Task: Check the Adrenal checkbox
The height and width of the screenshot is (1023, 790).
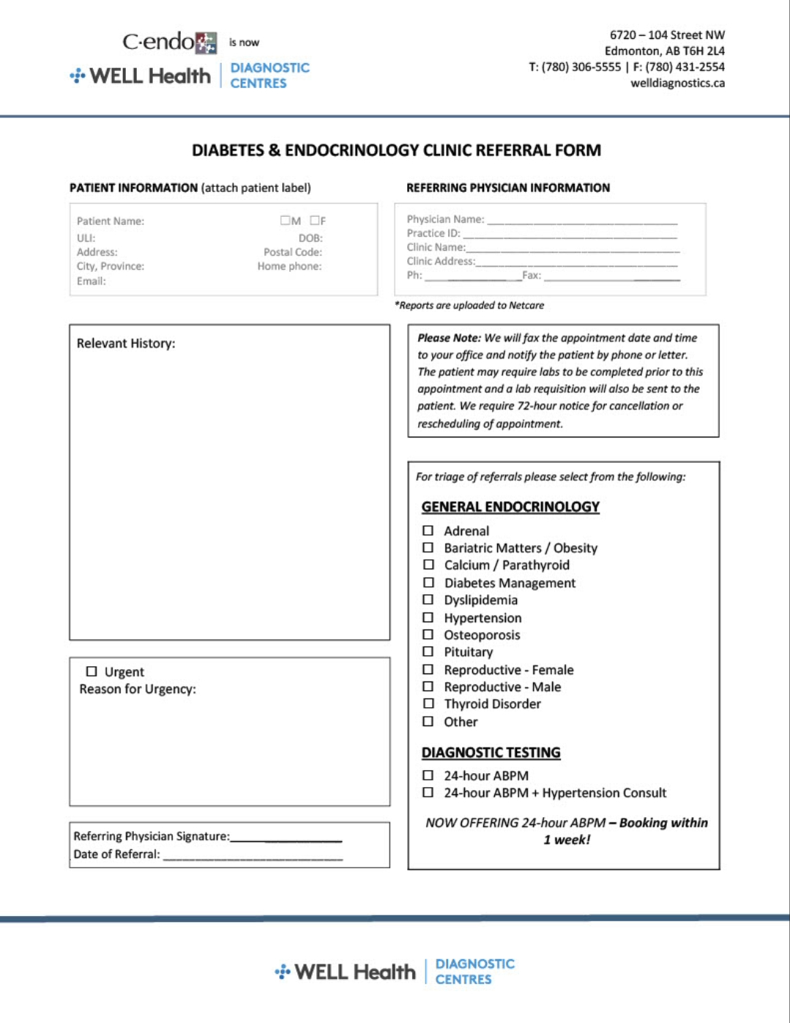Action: coord(428,531)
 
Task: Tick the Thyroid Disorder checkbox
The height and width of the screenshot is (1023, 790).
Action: coord(428,703)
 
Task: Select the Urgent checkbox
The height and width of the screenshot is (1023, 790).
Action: coord(92,671)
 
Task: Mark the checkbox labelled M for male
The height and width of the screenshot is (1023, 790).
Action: coord(285,221)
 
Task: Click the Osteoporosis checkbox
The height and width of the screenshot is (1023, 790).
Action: coord(428,635)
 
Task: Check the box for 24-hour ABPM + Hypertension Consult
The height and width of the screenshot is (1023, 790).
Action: coord(428,792)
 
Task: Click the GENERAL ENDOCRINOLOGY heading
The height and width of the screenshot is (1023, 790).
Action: coord(510,507)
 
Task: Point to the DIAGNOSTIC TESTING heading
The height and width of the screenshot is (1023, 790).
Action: coord(491,753)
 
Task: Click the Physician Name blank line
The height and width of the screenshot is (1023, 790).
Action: coord(582,221)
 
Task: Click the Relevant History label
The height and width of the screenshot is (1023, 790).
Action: coord(126,344)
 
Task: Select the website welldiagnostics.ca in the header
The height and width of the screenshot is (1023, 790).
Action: coord(677,83)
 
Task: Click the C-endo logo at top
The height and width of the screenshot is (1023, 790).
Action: coord(169,43)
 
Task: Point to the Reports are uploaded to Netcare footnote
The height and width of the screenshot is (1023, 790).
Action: coord(469,306)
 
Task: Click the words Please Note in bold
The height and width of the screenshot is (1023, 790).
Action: coord(449,338)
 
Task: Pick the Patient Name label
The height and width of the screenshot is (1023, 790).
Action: coord(111,221)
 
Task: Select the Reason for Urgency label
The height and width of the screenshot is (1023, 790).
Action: coord(138,690)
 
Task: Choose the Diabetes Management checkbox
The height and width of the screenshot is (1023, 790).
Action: coord(428,583)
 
